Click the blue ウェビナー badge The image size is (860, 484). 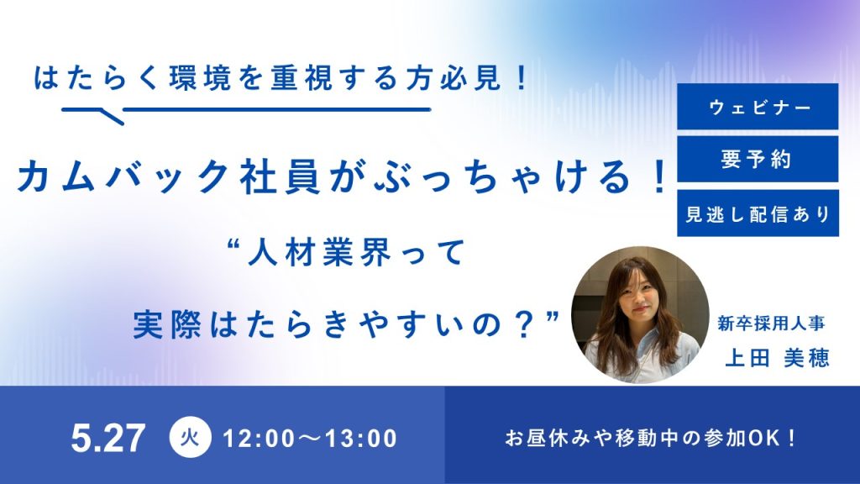click(758, 107)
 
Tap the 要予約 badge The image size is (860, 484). click(758, 159)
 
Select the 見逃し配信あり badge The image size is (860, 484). click(758, 213)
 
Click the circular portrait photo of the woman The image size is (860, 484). click(640, 314)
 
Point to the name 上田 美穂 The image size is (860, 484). click(777, 358)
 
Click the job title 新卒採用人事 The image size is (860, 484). click(771, 324)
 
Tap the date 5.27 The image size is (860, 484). click(108, 438)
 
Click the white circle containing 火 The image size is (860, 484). click(190, 437)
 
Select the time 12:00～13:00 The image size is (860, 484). click(311, 439)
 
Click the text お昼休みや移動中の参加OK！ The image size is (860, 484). click(651, 439)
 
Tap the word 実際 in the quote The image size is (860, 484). click(164, 325)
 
